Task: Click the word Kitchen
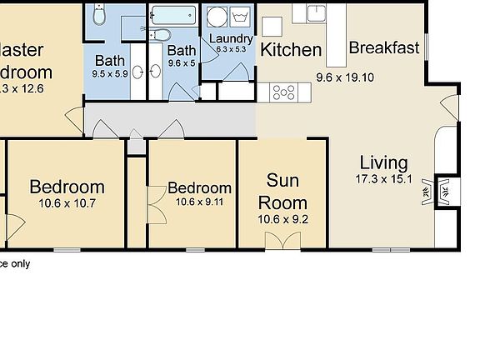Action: click(291, 49)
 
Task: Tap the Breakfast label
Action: click(383, 47)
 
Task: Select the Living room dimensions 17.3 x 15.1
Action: click(383, 178)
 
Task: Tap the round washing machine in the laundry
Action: click(216, 17)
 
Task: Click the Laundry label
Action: click(229, 38)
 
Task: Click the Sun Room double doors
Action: click(282, 241)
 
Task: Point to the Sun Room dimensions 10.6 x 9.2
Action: click(282, 220)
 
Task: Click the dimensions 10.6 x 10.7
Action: click(67, 202)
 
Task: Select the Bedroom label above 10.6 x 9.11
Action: click(199, 187)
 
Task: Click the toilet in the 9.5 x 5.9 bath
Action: click(99, 15)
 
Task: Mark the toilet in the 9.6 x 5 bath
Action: click(162, 36)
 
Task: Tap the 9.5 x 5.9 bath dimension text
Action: click(110, 73)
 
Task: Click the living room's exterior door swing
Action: click(449, 107)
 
